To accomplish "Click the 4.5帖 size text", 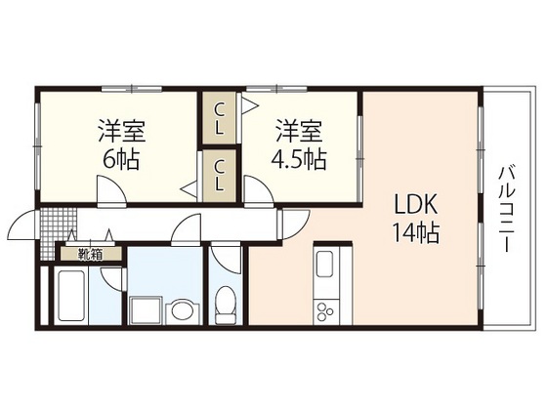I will [x=299, y=156].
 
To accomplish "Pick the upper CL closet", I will [x=220, y=116].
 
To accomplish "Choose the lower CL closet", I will [x=220, y=176].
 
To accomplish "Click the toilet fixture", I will [x=225, y=303].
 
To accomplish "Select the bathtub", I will [x=73, y=295].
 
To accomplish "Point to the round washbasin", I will [x=181, y=311].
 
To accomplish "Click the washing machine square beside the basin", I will [x=148, y=309].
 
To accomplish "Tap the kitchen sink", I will [x=324, y=266].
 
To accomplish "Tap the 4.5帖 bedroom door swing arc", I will [x=258, y=189].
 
